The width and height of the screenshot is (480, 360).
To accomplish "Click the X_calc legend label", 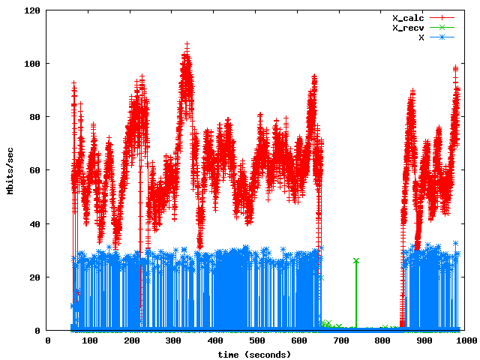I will pyautogui.click(x=409, y=17).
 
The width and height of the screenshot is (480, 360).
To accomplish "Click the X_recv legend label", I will pyautogui.click(x=409, y=27).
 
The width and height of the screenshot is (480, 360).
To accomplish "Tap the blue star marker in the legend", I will pyautogui.click(x=442, y=36).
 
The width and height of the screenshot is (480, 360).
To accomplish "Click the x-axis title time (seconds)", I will pyautogui.click(x=254, y=354).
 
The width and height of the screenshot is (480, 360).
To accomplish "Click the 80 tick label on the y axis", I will pyautogui.click(x=35, y=118).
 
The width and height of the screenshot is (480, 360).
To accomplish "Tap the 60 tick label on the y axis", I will pyautogui.click(x=35, y=171).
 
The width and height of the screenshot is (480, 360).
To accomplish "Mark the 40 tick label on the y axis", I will pyautogui.click(x=35, y=224).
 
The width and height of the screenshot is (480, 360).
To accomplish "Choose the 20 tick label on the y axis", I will pyautogui.click(x=35, y=277).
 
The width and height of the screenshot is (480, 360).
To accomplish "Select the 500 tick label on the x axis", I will pyautogui.click(x=256, y=340).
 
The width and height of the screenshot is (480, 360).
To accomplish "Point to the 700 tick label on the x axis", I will pyautogui.click(x=340, y=340).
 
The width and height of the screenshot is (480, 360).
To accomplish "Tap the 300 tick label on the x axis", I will pyautogui.click(x=173, y=340).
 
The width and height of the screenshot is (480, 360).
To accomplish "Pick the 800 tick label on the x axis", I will pyautogui.click(x=382, y=340).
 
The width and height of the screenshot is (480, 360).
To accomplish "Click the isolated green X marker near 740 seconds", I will pyautogui.click(x=356, y=260).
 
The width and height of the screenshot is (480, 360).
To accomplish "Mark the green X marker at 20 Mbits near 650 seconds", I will pyautogui.click(x=321, y=277).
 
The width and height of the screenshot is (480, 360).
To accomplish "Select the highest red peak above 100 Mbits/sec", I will pyautogui.click(x=186, y=45).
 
